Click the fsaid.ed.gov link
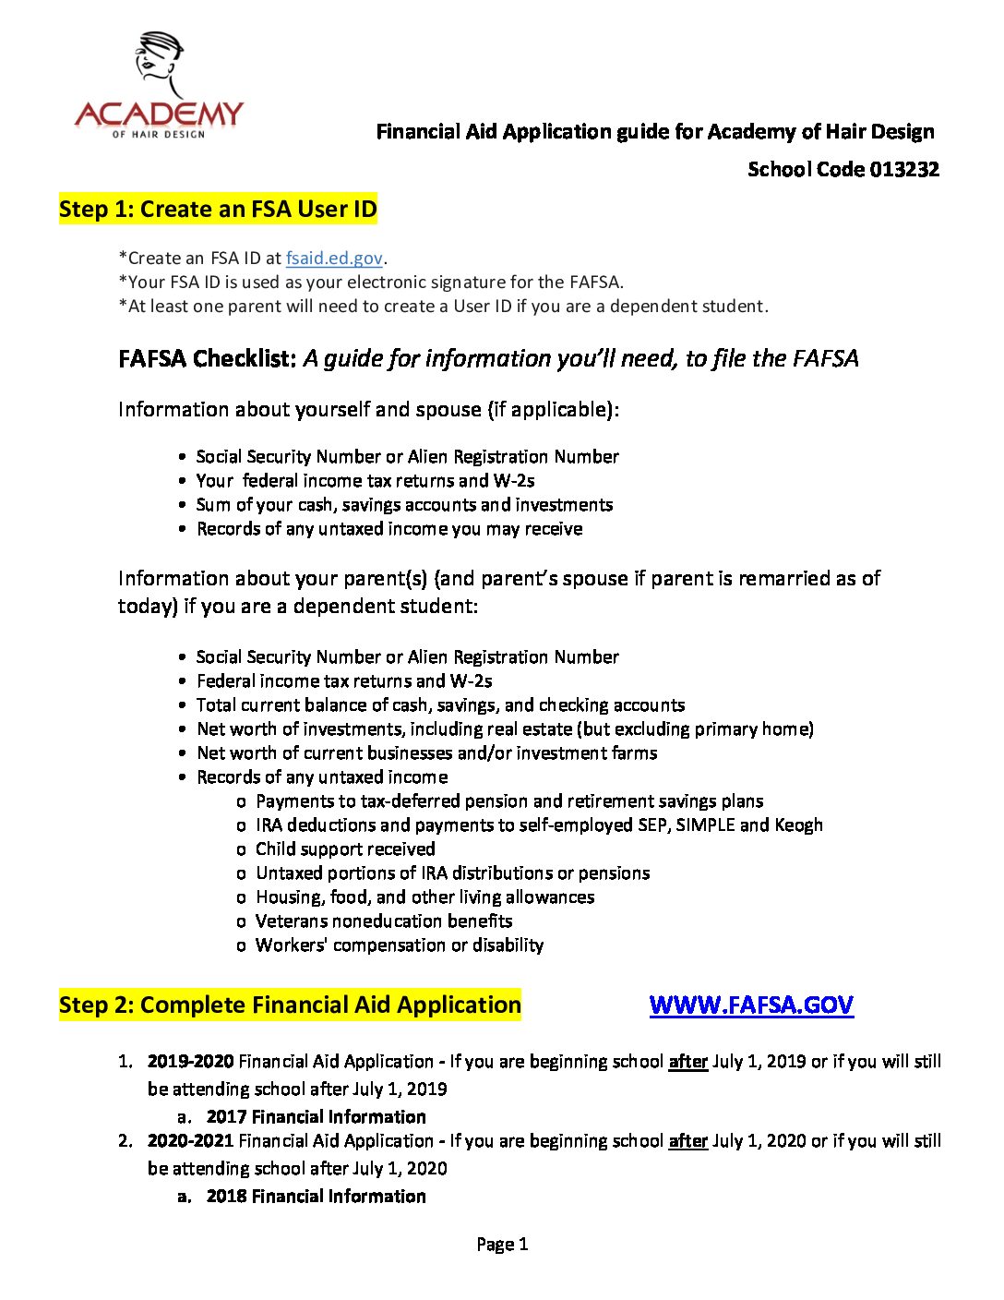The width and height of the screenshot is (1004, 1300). pyautogui.click(x=334, y=259)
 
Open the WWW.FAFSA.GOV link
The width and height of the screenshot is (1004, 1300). pyautogui.click(x=751, y=1005)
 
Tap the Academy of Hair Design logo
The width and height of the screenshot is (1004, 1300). pyautogui.click(x=159, y=87)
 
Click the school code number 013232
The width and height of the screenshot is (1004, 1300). pyautogui.click(x=904, y=169)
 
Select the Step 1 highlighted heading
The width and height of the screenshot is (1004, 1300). pyautogui.click(x=218, y=209)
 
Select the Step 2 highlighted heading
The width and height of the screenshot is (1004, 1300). pyautogui.click(x=290, y=1005)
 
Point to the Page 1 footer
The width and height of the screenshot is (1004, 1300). pyautogui.click(x=502, y=1244)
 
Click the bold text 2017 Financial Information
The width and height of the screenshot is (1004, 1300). pyautogui.click(x=316, y=1116)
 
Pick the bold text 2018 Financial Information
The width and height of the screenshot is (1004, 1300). pyautogui.click(x=316, y=1196)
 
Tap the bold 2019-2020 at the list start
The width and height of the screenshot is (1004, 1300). pyautogui.click(x=190, y=1062)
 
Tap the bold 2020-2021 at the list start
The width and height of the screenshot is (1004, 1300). pyautogui.click(x=190, y=1141)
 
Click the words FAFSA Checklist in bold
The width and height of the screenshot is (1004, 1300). pyautogui.click(x=207, y=358)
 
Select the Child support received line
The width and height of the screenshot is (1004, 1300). pyautogui.click(x=345, y=849)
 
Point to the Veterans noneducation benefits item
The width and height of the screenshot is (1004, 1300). pyautogui.click(x=384, y=921)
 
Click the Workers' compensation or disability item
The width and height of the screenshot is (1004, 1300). pyautogui.click(x=400, y=945)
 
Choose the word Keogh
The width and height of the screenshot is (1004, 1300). pyautogui.click(x=798, y=825)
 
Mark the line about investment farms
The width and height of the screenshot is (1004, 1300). pyautogui.click(x=426, y=752)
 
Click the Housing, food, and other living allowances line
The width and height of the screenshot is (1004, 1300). pyautogui.click(x=424, y=897)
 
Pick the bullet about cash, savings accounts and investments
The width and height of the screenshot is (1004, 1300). pyautogui.click(x=404, y=504)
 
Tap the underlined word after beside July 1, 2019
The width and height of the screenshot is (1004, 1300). pyautogui.click(x=687, y=1062)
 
